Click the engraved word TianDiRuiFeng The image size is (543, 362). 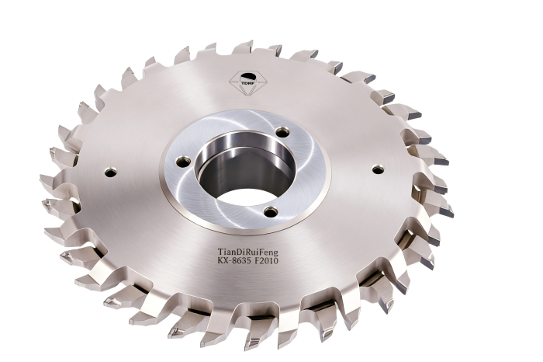pos(248,251)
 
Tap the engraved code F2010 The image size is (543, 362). pos(266,260)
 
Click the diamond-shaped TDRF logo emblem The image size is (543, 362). pos(247,83)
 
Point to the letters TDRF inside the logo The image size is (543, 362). pos(247,82)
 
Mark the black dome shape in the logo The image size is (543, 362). pos(247,77)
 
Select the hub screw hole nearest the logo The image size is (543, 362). pos(283,132)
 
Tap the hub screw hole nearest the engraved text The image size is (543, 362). pos(271,211)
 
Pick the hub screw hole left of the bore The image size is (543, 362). pos(183,161)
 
